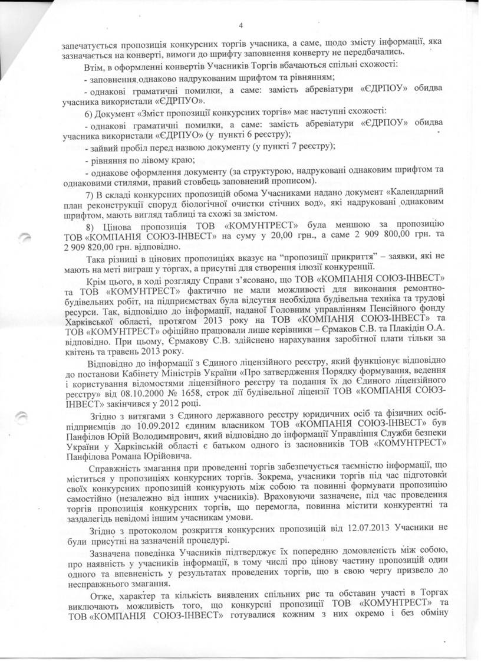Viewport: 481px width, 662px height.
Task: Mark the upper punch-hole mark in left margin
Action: coord(23,237)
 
